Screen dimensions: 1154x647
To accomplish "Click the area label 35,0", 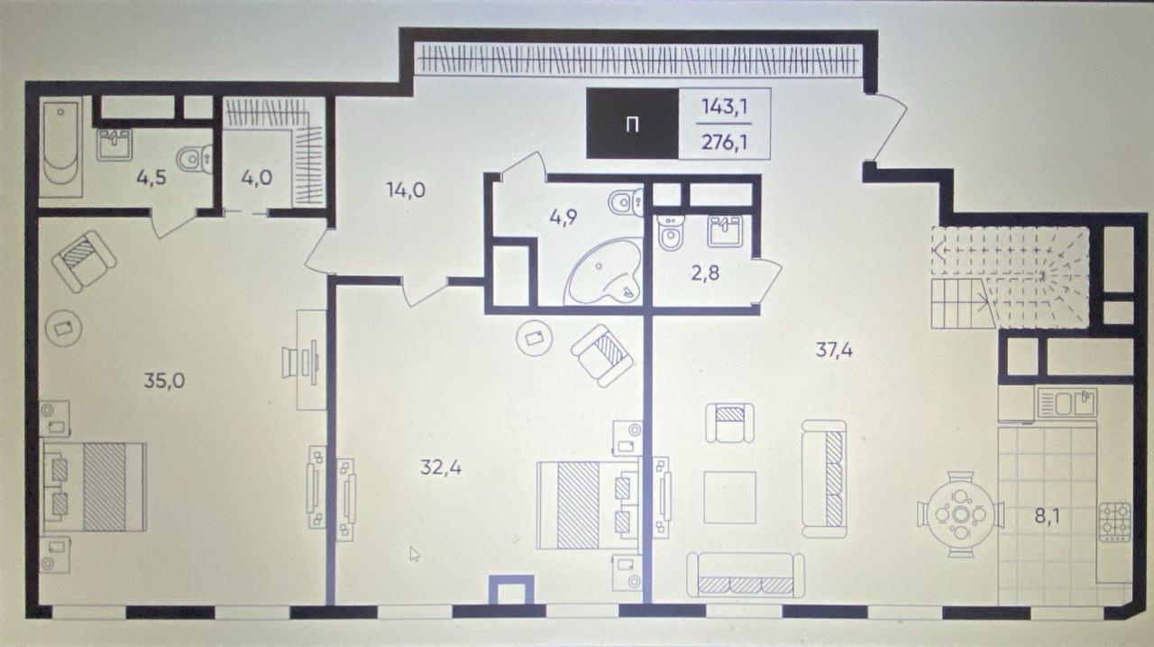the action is tap(164, 381).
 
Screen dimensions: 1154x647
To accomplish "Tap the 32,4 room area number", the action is tap(441, 467).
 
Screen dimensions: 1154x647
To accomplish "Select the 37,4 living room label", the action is tap(834, 350).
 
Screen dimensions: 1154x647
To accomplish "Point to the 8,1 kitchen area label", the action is tap(1048, 516).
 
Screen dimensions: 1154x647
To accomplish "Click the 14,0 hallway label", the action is tap(406, 190).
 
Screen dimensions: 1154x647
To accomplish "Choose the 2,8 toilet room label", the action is tap(705, 273).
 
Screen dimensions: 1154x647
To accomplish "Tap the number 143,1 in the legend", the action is tap(725, 107).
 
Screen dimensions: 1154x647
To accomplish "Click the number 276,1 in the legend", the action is tap(725, 142).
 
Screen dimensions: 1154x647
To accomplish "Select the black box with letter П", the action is tap(633, 125).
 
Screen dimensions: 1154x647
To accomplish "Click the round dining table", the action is tap(960, 514).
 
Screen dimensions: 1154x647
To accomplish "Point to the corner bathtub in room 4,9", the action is tap(604, 273).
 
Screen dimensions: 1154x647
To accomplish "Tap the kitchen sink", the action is tap(1066, 402).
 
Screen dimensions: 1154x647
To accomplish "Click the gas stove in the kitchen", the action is tap(1115, 522).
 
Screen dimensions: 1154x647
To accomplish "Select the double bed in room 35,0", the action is tap(95, 487).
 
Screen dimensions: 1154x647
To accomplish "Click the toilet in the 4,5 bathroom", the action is tap(195, 158).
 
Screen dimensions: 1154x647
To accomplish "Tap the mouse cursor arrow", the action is tap(414, 554).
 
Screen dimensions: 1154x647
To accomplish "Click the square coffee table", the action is tap(730, 497).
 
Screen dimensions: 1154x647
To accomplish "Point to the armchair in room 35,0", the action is tap(84, 261).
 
